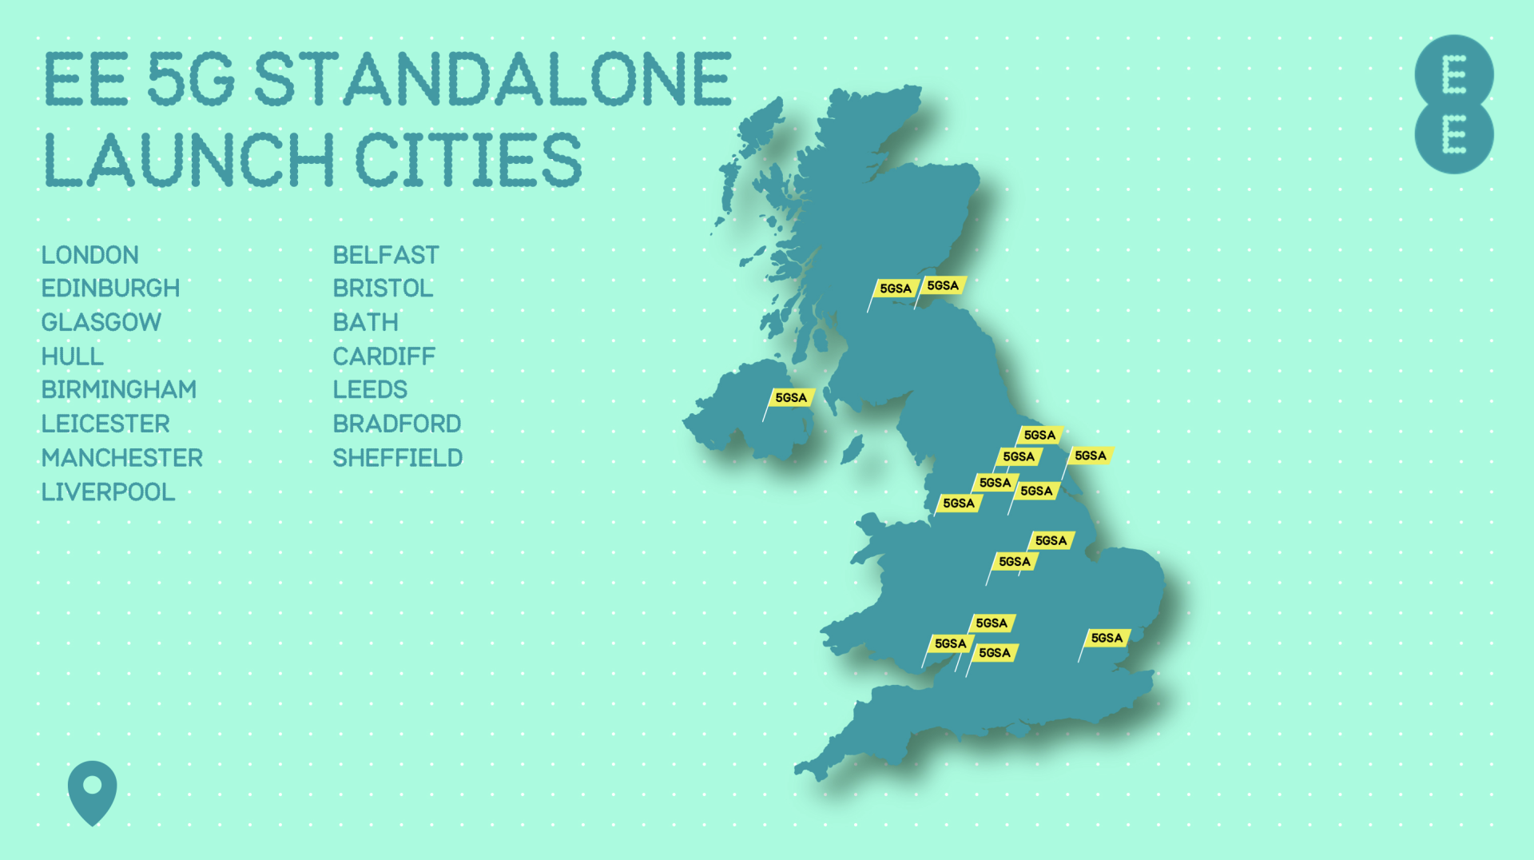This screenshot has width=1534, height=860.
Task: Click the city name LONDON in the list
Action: click(x=90, y=255)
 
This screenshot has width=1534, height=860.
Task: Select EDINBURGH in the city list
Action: click(x=110, y=288)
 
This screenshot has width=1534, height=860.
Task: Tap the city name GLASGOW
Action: click(x=101, y=322)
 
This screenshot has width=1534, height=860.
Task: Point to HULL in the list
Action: click(x=73, y=356)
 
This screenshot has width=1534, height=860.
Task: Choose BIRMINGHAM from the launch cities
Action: click(x=119, y=390)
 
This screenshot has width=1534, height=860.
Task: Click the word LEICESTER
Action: click(x=105, y=424)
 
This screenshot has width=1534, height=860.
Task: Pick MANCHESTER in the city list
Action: click(x=122, y=458)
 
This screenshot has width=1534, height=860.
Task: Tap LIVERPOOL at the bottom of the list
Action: click(x=108, y=492)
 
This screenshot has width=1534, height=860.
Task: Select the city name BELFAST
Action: click(x=386, y=255)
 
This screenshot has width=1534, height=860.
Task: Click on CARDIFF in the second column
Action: click(x=384, y=356)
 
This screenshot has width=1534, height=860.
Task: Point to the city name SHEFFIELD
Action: click(x=398, y=458)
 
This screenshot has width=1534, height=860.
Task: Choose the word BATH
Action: click(x=365, y=322)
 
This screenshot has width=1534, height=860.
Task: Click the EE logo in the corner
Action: click(x=1453, y=105)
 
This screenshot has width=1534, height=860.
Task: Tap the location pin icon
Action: click(x=92, y=791)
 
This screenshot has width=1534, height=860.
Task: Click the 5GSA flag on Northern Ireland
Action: click(x=791, y=398)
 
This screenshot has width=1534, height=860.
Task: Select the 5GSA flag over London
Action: click(x=1107, y=638)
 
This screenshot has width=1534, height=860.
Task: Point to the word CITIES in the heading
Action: click(x=469, y=160)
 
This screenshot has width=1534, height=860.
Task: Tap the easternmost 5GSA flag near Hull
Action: click(x=1091, y=456)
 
